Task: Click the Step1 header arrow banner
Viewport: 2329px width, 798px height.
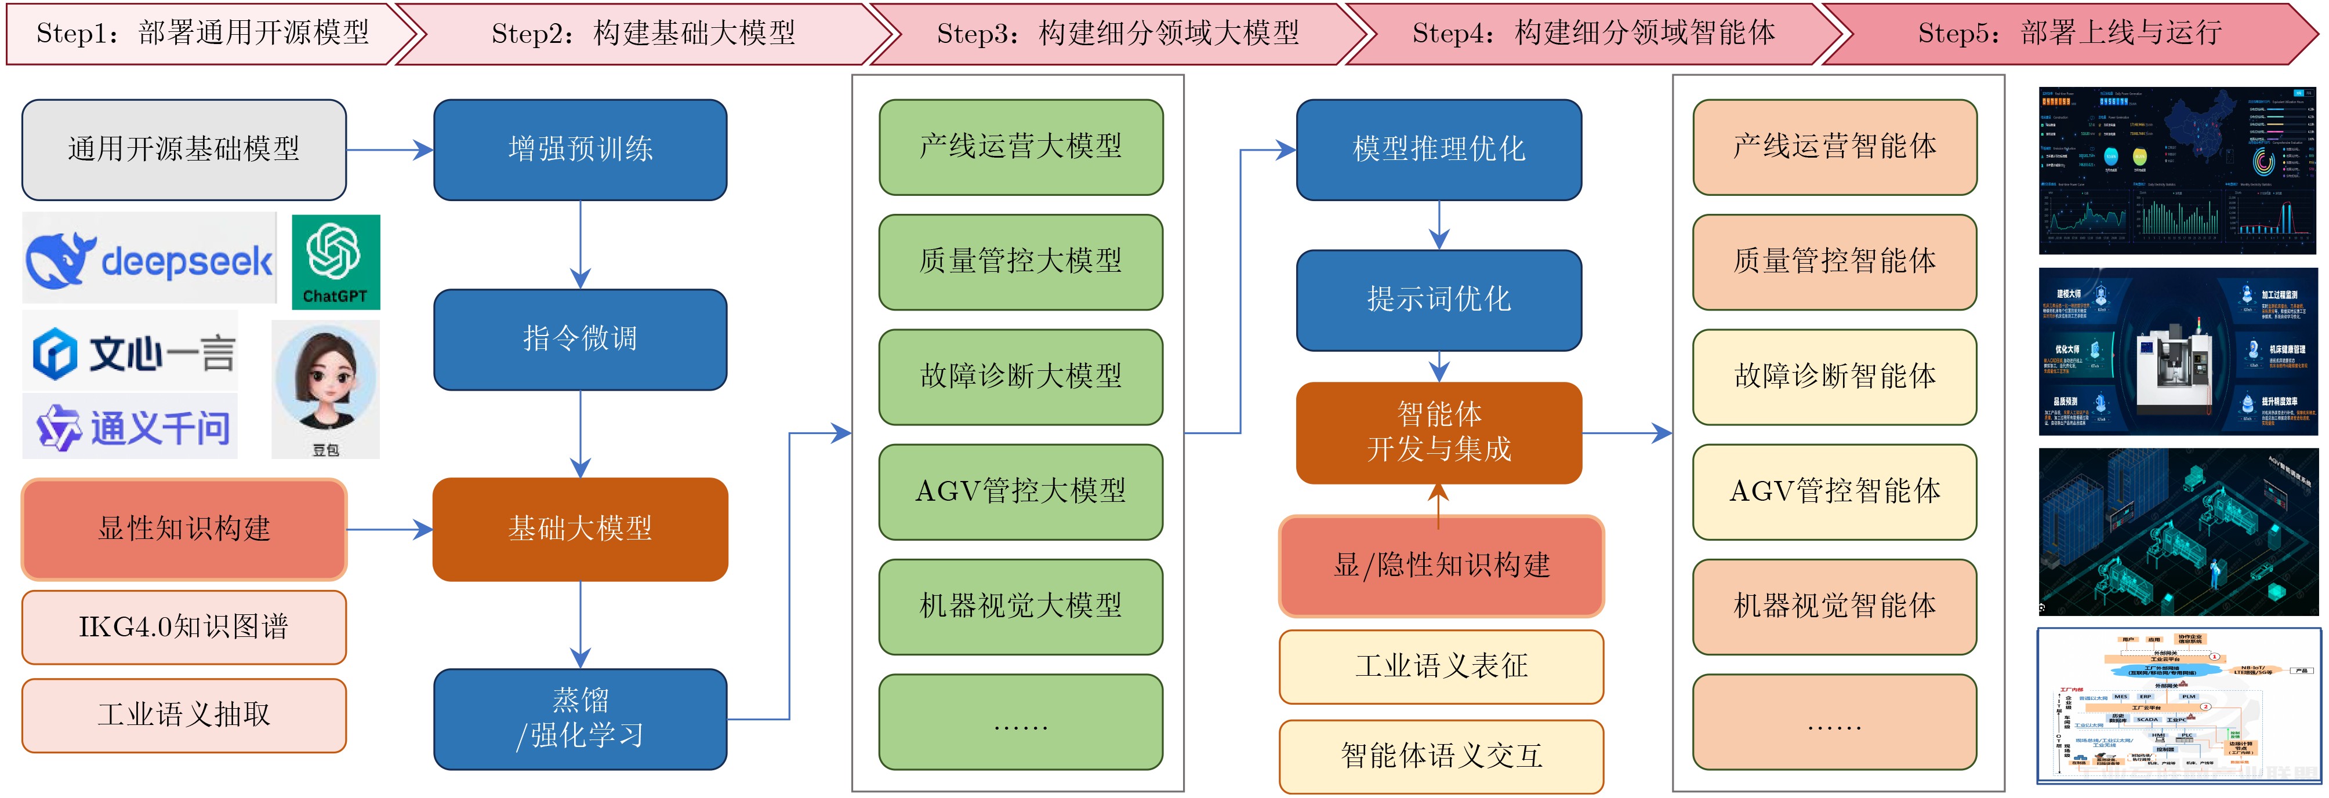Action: click(x=204, y=34)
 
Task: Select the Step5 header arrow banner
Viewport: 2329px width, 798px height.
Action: click(x=2070, y=34)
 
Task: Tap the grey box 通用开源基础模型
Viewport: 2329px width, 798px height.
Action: click(x=183, y=149)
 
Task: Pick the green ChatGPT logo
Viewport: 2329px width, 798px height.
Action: click(x=335, y=261)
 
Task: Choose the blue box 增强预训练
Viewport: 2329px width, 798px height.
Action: click(x=581, y=149)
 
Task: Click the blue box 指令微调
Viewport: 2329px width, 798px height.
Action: click(x=581, y=339)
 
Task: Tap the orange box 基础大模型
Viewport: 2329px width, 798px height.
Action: click(x=581, y=529)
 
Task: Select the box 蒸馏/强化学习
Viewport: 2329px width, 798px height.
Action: click(x=581, y=719)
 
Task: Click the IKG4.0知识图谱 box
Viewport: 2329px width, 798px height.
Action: click(x=183, y=626)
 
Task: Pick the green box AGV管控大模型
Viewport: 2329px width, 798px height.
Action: click(x=1021, y=491)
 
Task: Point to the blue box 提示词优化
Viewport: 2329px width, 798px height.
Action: click(x=1438, y=299)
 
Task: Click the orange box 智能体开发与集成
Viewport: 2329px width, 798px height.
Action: click(x=1438, y=432)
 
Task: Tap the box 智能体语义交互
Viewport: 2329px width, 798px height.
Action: click(x=1441, y=756)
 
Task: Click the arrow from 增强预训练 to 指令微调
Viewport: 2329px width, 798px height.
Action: click(x=581, y=244)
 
